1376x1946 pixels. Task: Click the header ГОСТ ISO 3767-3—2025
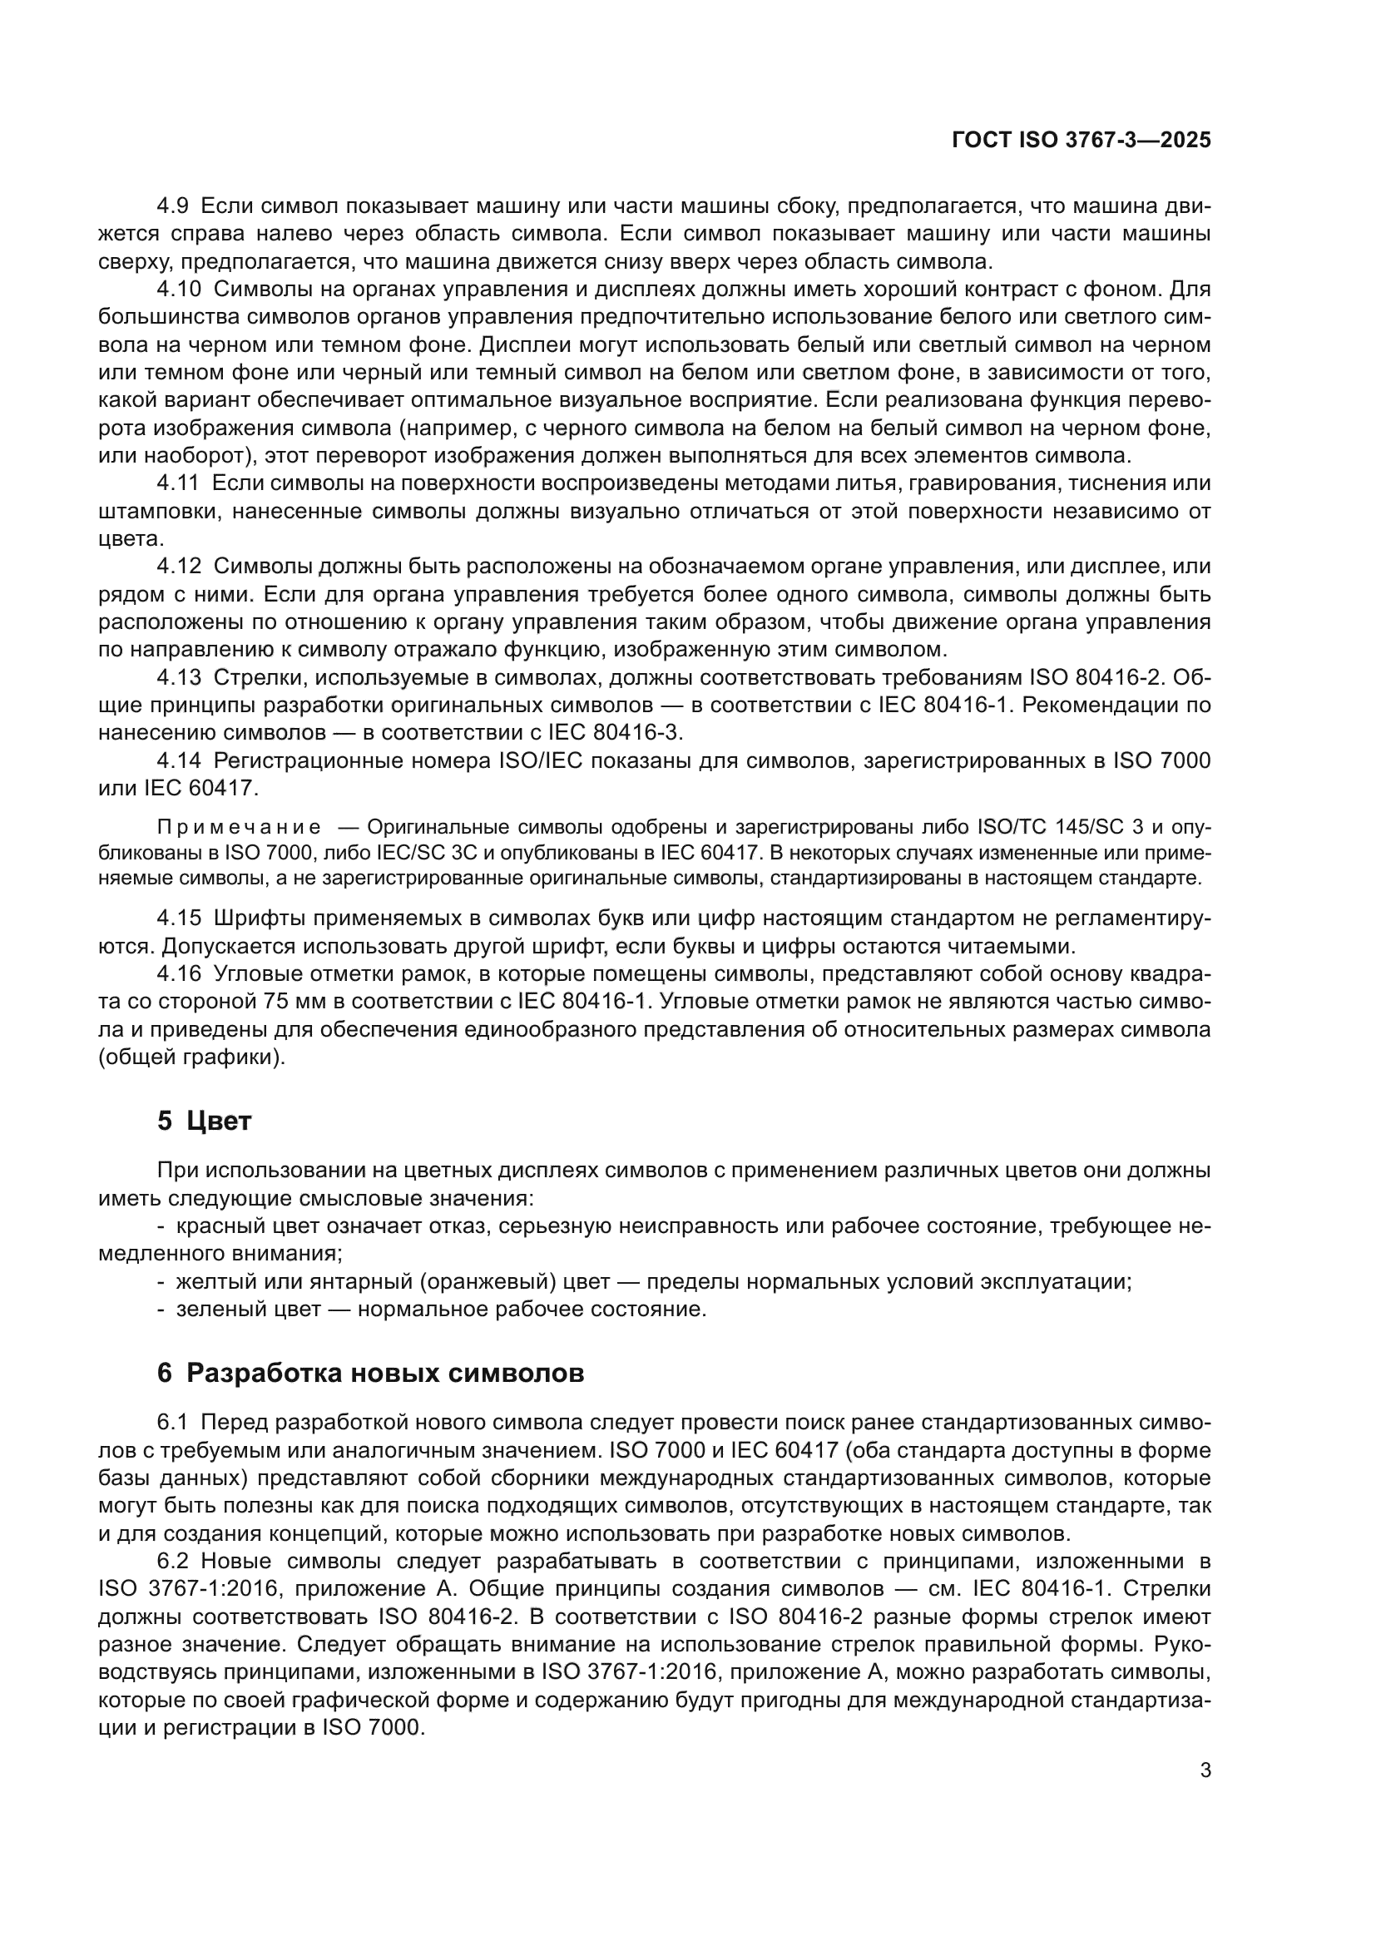point(1081,141)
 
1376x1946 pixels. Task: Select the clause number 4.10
point(180,289)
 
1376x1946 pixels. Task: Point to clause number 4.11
point(179,483)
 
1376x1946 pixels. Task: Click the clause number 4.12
point(180,567)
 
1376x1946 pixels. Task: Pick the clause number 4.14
point(180,760)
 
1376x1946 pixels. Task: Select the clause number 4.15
point(180,918)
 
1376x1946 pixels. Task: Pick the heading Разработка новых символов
point(384,1372)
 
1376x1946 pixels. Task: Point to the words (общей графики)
point(192,1057)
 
